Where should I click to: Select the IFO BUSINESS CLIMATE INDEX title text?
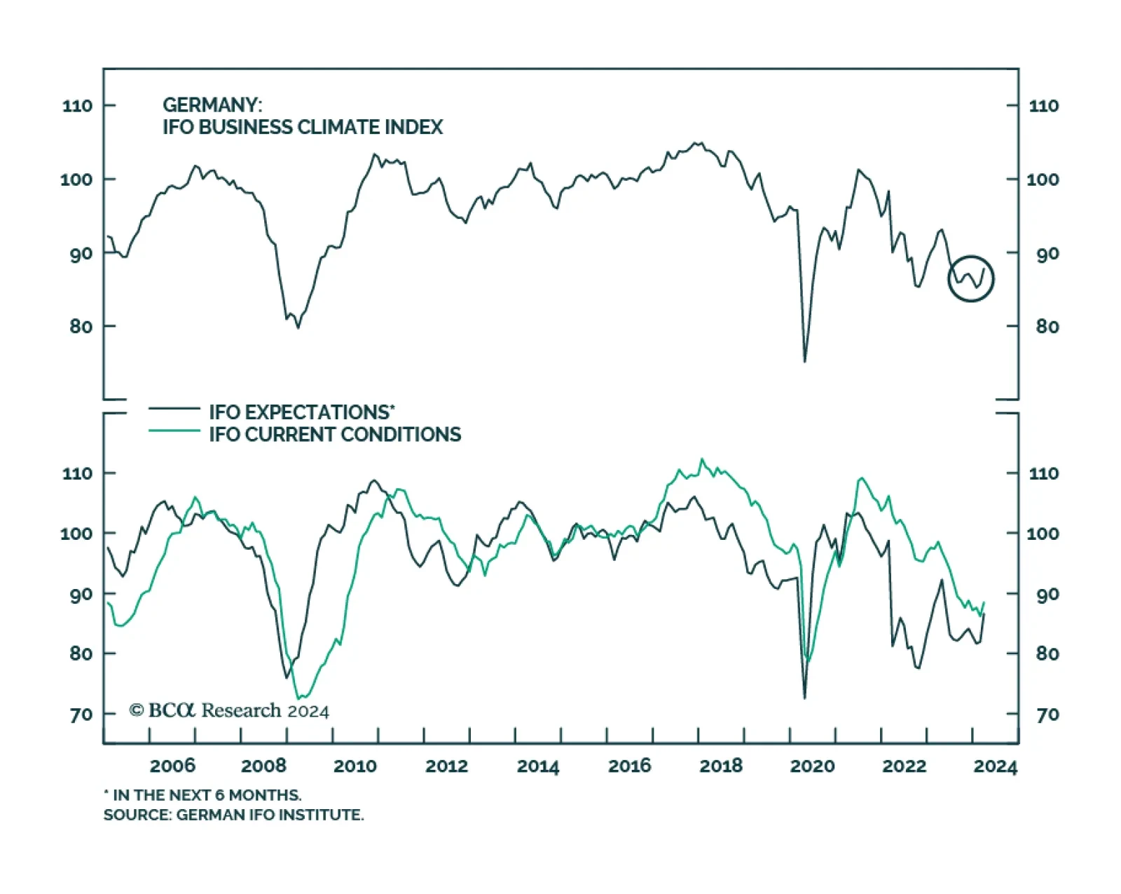tap(303, 128)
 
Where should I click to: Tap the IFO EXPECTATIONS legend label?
tap(301, 412)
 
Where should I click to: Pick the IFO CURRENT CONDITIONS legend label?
tap(335, 435)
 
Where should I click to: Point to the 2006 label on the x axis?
tap(172, 766)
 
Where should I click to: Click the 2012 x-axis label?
tap(446, 766)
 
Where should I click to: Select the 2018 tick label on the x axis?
tap(721, 766)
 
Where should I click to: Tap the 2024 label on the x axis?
tap(995, 766)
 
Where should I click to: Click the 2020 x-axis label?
tap(812, 766)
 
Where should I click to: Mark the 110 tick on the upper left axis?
tap(77, 106)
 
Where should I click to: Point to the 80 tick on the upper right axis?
tap(1047, 327)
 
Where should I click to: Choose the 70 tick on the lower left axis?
tap(81, 714)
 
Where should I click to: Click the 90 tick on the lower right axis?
tap(1047, 595)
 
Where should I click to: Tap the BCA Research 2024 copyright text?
tap(229, 711)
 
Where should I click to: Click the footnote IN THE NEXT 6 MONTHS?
tap(203, 795)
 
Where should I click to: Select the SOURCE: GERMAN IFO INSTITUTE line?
tap(233, 815)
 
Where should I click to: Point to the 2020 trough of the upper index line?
tap(804, 361)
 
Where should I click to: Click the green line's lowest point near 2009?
tap(300, 698)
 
